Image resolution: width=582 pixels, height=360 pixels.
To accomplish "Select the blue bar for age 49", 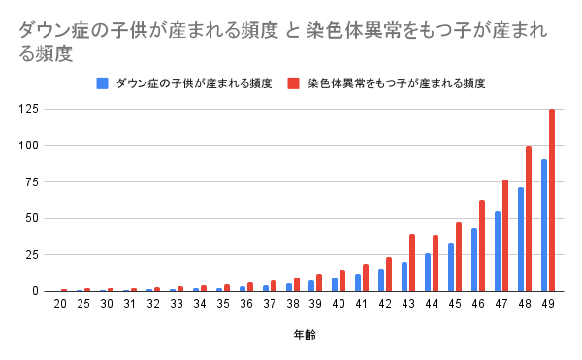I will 544,225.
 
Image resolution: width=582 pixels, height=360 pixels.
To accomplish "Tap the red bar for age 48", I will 529,218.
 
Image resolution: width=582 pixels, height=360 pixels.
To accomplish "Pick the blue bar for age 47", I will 498,250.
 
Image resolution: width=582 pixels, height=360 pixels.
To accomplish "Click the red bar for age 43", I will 412,262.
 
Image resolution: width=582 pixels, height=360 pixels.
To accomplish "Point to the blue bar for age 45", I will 451,267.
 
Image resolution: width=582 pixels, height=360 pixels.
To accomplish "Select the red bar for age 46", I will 482,245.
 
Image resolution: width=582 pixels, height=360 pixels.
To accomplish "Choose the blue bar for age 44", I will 428,272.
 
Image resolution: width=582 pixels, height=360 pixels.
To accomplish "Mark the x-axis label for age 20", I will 60,305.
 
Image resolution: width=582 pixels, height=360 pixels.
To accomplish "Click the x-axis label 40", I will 339,305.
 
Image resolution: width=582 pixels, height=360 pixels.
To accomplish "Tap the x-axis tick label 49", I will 548,305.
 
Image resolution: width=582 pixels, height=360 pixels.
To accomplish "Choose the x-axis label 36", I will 245,305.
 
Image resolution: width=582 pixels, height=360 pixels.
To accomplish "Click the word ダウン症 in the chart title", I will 49,31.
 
